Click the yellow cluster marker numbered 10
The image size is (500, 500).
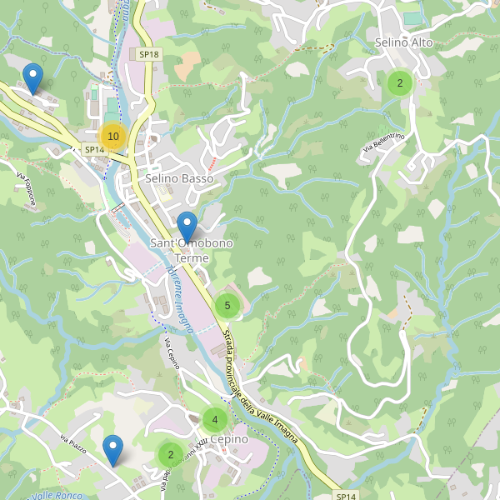[x=113, y=136]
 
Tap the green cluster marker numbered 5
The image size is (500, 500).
[x=227, y=306]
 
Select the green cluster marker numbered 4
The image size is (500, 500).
[x=214, y=420]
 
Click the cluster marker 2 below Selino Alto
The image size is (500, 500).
[x=400, y=82]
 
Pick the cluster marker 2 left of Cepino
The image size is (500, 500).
[x=170, y=454]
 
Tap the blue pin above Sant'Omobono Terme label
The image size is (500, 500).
[x=187, y=227]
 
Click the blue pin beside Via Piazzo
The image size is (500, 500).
[x=112, y=451]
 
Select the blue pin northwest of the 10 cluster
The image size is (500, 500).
[x=32, y=78]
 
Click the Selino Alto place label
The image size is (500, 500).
[x=403, y=42]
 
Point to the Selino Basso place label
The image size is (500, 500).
[x=179, y=178]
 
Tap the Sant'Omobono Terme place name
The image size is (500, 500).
[x=180, y=251]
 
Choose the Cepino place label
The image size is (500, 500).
[x=229, y=439]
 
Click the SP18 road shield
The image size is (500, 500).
[x=149, y=54]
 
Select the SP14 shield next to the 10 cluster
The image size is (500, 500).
[x=94, y=150]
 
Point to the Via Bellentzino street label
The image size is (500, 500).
[x=382, y=142]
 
